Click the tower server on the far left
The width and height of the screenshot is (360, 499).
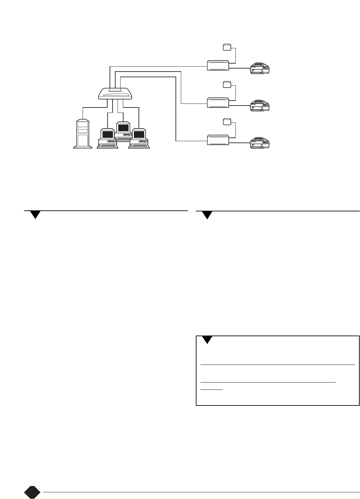[83, 133]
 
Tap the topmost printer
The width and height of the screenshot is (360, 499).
[261, 68]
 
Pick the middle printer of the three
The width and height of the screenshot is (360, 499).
[261, 105]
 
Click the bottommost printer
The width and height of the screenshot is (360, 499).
[261, 142]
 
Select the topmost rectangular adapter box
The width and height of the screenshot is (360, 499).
[218, 65]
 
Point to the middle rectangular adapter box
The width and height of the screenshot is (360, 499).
[218, 103]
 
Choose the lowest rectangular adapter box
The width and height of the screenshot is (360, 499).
[218, 140]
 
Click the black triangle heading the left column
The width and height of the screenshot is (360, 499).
[35, 215]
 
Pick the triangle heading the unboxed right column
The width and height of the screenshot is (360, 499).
[207, 215]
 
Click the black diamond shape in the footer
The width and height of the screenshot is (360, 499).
[32, 492]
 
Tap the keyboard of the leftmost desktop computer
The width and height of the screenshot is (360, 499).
[107, 145]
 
